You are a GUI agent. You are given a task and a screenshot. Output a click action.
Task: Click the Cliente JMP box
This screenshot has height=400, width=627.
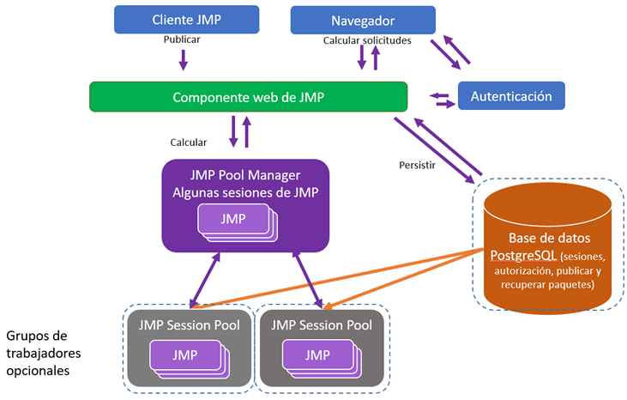184,19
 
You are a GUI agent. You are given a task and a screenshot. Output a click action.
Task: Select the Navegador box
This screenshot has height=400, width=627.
363,19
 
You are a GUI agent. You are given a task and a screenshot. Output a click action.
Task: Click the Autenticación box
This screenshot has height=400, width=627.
511,96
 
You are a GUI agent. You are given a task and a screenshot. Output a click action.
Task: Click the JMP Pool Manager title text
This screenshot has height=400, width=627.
245,176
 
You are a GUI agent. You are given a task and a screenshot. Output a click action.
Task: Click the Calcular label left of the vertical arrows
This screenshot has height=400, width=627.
190,142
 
